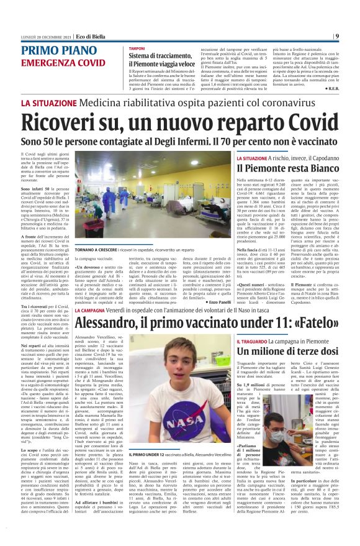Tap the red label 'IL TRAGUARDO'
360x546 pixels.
(253, 342)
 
